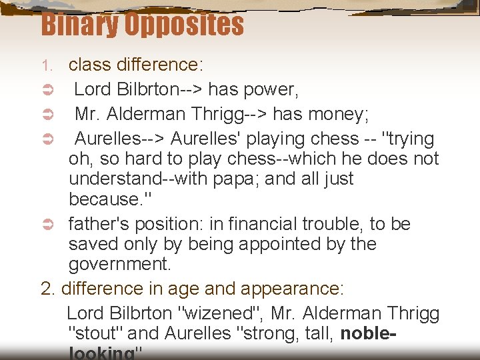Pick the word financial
pos(258,224)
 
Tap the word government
pos(120,264)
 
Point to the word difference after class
pos(157,65)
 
